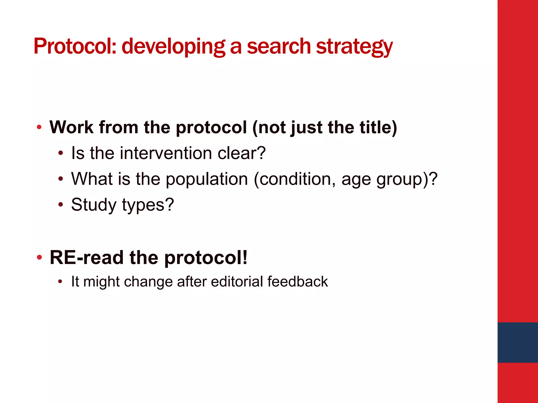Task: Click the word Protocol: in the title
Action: coord(75,46)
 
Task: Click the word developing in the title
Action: coord(173,46)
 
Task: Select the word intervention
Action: coord(166,153)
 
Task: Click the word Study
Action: coord(94,205)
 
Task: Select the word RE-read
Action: coord(87,258)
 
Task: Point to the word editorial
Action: coord(237,282)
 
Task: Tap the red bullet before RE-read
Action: coord(39,257)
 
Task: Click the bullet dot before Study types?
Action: coord(61,205)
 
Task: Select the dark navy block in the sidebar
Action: coord(518,342)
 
